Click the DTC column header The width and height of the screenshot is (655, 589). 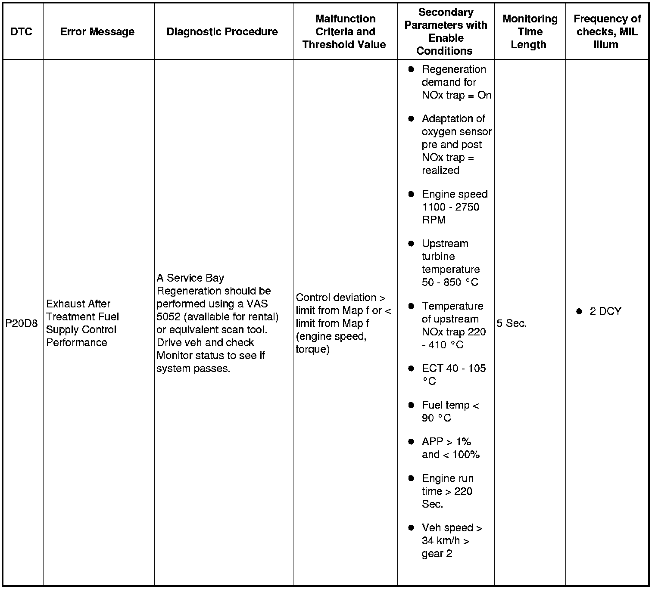[22, 31]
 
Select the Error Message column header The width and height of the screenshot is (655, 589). [97, 31]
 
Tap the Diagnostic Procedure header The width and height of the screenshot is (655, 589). [222, 31]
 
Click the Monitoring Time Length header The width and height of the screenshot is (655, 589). [530, 31]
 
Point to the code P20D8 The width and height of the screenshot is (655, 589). [22, 323]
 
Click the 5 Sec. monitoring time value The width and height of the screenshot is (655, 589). [512, 323]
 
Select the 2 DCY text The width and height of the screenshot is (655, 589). [605, 311]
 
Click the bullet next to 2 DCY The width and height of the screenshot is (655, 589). [579, 311]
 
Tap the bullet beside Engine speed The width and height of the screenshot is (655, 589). [411, 194]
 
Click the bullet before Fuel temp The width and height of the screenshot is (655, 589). [411, 405]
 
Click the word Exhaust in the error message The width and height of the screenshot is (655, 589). [64, 304]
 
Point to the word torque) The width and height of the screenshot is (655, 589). [312, 349]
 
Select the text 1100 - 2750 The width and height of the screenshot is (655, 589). [450, 207]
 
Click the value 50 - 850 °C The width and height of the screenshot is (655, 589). [450, 282]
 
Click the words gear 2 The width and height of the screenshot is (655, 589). [437, 554]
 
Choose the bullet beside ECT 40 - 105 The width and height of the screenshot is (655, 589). [411, 369]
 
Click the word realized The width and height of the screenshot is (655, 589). [440, 170]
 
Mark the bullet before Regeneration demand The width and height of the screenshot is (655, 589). [411, 69]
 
